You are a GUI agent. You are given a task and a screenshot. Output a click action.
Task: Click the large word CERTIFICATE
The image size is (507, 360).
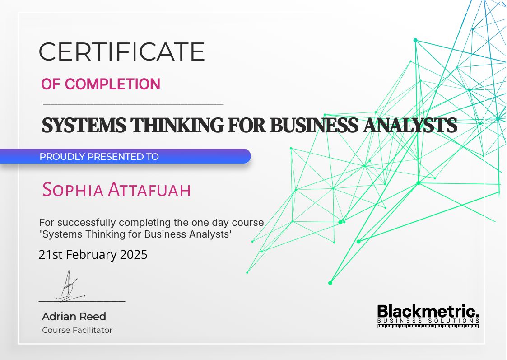point(121,51)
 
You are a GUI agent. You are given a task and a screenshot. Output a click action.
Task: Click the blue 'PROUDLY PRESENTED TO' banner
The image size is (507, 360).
point(125,157)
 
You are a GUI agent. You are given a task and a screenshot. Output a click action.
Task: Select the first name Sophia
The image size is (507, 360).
point(72,190)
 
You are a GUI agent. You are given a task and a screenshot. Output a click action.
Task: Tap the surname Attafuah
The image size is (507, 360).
point(149,190)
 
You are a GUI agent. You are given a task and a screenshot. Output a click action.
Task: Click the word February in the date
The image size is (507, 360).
point(92,255)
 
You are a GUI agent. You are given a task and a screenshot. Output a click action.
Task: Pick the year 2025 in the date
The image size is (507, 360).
point(134,255)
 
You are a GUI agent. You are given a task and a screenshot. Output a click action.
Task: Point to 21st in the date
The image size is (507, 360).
point(51,255)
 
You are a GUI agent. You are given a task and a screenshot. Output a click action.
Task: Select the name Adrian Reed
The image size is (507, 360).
point(74,316)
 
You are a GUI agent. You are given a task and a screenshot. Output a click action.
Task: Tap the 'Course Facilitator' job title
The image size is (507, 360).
point(77,330)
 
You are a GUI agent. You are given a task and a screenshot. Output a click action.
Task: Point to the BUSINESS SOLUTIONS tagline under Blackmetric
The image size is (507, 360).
point(428,321)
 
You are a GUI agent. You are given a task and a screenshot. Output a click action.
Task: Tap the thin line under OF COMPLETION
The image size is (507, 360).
point(133,104)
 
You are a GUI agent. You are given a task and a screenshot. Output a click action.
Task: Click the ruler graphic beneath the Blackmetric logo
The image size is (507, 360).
point(428,326)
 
